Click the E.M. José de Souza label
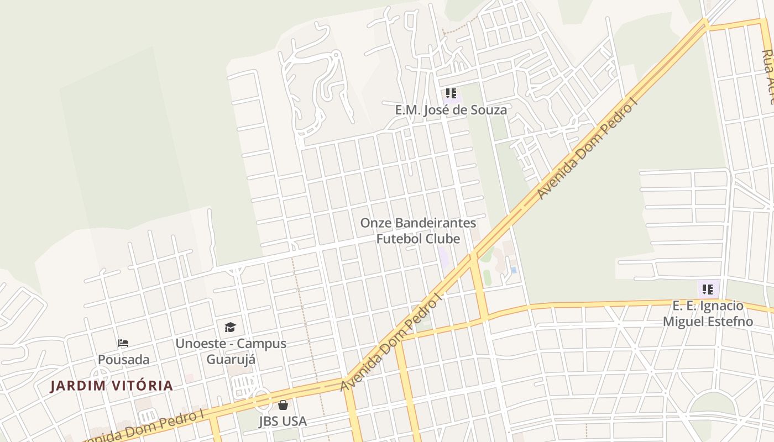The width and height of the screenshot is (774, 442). tap(451, 110)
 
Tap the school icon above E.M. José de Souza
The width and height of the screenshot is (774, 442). tap(451, 93)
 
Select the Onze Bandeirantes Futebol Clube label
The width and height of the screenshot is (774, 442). tap(418, 231)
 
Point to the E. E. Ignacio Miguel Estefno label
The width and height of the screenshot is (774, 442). tap(708, 314)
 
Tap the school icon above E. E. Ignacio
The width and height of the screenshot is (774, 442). tap(708, 288)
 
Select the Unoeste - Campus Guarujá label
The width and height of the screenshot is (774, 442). tap(231, 351)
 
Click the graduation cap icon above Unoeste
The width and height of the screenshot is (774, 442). tap(230, 327)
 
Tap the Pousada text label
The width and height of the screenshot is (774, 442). tap(123, 360)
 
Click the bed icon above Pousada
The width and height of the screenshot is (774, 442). tap(123, 343)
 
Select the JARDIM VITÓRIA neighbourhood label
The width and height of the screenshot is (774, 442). tap(112, 386)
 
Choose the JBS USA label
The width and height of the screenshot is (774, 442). tap(283, 421)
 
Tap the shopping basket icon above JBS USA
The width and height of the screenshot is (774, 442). tap(283, 405)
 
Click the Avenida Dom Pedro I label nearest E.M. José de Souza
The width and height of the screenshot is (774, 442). tap(587, 149)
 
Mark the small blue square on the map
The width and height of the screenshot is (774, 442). tap(514, 270)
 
